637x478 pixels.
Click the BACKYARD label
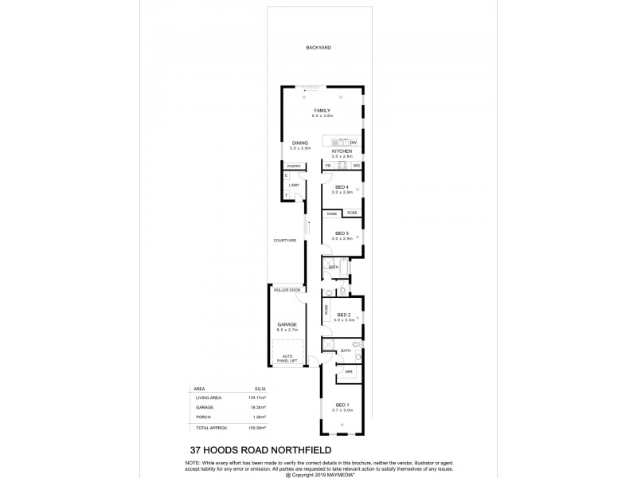(318, 48)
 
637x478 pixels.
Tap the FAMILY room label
(322, 110)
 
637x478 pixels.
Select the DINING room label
(299, 143)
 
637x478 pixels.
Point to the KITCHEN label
(342, 151)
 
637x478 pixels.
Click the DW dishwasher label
(353, 143)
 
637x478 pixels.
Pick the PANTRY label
(294, 166)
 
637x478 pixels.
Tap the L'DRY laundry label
(294, 185)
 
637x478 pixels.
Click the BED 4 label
(342, 187)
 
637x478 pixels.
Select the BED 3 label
(342, 233)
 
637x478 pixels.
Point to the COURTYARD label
(285, 240)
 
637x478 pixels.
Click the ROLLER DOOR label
(287, 290)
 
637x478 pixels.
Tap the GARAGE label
(287, 324)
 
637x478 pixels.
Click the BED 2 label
(343, 315)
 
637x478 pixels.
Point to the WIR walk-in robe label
(350, 371)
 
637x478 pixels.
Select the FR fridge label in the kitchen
(328, 166)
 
